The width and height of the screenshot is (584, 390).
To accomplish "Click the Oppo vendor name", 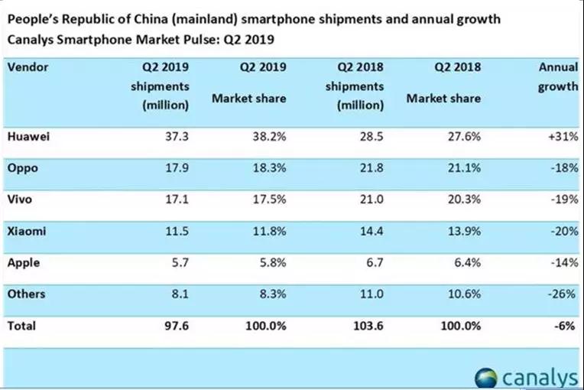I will [22, 167].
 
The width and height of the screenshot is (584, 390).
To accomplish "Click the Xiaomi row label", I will [27, 231].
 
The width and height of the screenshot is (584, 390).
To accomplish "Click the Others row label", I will [26, 294].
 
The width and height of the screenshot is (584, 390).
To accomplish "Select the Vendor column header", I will [28, 67].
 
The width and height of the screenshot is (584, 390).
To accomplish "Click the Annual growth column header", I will [558, 76].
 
